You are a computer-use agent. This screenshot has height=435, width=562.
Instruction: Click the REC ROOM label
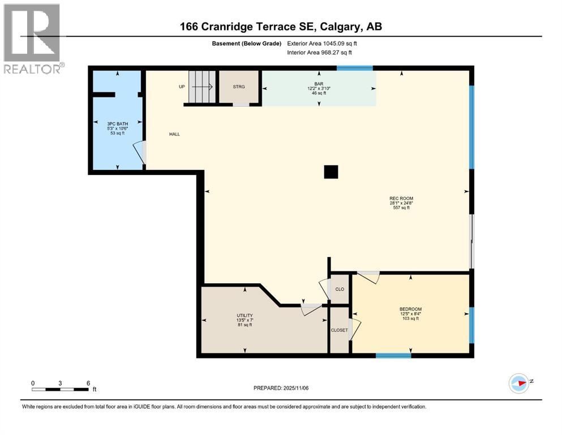(x=400, y=198)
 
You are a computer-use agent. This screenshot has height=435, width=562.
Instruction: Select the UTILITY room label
(x=244, y=315)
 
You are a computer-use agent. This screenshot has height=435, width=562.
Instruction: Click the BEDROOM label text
(x=411, y=309)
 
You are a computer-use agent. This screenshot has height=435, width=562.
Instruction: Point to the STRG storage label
(x=239, y=87)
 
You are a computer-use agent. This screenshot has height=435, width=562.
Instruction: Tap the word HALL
(x=174, y=134)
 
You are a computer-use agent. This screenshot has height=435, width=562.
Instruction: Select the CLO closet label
(x=340, y=289)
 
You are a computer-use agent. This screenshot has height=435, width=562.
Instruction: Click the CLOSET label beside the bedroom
(x=340, y=330)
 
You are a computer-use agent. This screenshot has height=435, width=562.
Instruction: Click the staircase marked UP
(x=202, y=87)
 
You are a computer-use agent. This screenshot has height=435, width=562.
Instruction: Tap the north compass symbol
(x=519, y=383)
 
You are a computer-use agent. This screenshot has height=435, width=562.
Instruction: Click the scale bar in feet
(x=61, y=389)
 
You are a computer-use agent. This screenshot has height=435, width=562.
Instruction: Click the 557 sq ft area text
(x=400, y=208)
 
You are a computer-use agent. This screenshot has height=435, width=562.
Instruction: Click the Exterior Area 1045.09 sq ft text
(x=322, y=43)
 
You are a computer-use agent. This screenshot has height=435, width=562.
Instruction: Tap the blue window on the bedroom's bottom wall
(x=393, y=356)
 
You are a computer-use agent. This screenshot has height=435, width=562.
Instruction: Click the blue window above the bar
(x=355, y=69)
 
